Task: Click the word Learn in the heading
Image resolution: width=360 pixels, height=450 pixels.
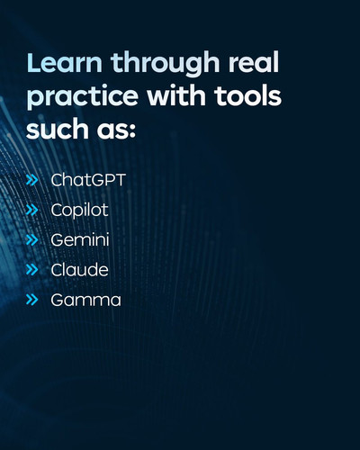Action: [x=64, y=62]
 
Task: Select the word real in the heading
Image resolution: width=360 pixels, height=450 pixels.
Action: [x=254, y=62]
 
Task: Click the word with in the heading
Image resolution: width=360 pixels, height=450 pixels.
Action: [x=176, y=95]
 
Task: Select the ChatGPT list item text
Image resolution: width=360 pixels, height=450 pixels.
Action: [x=88, y=180]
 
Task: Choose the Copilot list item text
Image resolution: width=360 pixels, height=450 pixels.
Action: [x=79, y=210]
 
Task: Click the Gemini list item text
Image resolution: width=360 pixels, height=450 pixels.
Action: [x=80, y=240]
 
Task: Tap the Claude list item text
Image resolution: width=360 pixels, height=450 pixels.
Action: [x=79, y=270]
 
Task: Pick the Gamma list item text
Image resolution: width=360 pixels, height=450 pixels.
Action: [x=85, y=301]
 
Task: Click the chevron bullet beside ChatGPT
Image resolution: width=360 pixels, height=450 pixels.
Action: [x=32, y=180]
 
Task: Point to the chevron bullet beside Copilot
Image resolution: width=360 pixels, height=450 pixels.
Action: [x=32, y=211]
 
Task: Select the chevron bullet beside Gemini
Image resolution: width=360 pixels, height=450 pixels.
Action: [x=32, y=240]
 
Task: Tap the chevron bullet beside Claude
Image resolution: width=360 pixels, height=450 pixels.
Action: [x=32, y=270]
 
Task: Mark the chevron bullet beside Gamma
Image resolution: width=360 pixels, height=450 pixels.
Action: [x=32, y=300]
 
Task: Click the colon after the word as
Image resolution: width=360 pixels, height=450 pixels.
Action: [x=133, y=131]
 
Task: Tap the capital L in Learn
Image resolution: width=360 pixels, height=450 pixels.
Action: [x=33, y=63]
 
